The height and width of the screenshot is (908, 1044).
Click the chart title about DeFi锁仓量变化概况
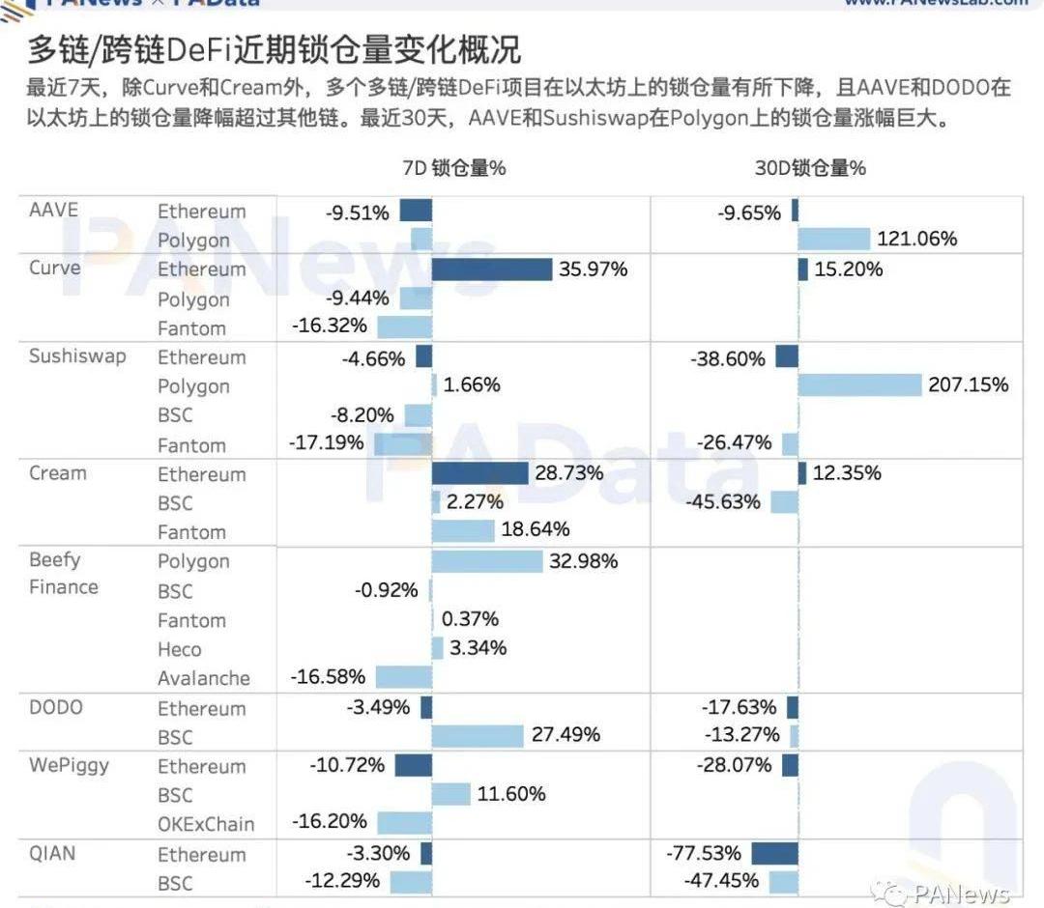tap(273, 49)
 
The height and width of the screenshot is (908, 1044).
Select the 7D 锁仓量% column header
tap(453, 167)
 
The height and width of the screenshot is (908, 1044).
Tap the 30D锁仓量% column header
tap(810, 167)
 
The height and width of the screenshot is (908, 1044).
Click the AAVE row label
tap(53, 210)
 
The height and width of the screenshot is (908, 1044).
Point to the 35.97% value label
tap(593, 269)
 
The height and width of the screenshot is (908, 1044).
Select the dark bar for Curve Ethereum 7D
tap(491, 269)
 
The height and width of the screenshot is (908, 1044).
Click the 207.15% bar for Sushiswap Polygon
tap(859, 384)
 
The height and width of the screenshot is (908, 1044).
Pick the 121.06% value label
tap(916, 239)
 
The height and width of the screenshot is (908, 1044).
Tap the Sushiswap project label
tap(77, 355)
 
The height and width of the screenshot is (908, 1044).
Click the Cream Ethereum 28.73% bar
tap(479, 472)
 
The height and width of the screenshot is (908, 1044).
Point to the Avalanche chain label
tap(204, 678)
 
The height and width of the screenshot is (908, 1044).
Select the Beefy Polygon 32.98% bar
tap(487, 560)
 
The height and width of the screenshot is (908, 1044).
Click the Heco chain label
tap(180, 649)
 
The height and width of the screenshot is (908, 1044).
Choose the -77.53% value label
tap(704, 853)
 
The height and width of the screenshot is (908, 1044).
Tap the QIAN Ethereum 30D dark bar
tap(774, 853)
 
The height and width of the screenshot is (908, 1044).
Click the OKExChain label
tap(206, 824)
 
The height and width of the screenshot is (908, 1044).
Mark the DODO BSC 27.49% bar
tap(478, 736)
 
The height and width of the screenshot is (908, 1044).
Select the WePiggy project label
tap(69, 765)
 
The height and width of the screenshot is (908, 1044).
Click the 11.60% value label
tap(510, 794)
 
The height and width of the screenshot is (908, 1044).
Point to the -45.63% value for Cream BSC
tap(723, 502)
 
